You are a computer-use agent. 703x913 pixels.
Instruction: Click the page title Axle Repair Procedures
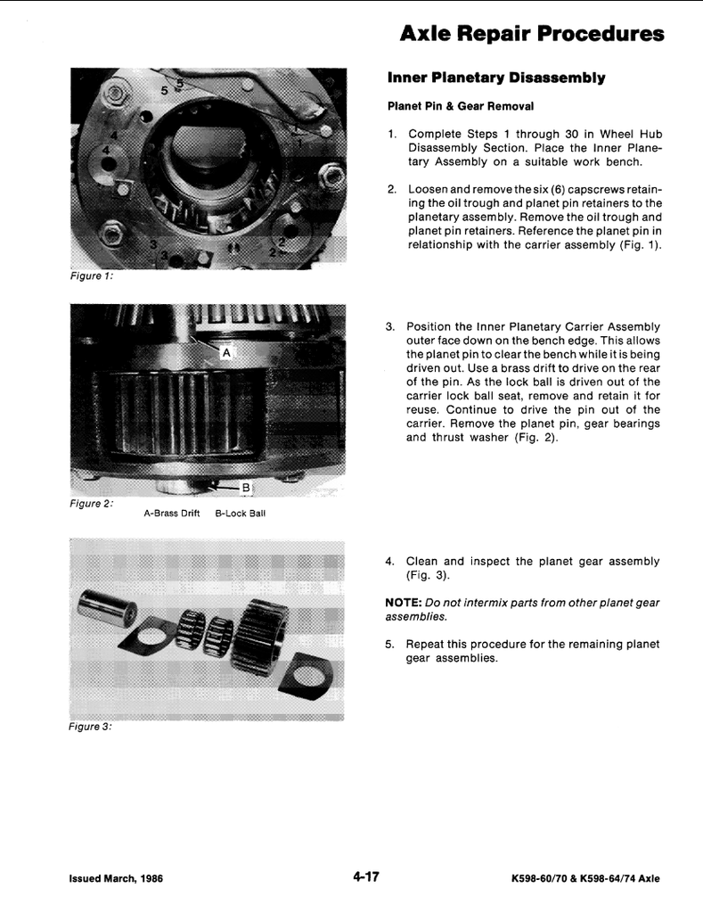(x=532, y=34)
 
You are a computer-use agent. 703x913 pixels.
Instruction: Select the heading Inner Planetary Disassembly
(x=496, y=78)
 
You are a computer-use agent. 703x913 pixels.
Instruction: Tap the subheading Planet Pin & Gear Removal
(x=460, y=106)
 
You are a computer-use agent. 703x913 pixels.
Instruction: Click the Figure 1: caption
(x=91, y=276)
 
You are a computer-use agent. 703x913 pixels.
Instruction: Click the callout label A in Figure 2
(x=226, y=353)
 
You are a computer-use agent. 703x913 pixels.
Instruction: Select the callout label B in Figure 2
(x=247, y=488)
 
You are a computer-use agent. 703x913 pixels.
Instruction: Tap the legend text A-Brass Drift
(x=171, y=514)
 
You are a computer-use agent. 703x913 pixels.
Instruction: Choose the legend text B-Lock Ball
(x=241, y=514)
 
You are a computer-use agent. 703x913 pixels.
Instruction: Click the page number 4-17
(x=365, y=876)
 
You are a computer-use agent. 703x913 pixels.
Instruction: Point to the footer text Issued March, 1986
(x=116, y=878)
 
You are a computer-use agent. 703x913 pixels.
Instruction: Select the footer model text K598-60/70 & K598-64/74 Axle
(x=585, y=878)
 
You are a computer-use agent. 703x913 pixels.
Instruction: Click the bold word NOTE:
(x=402, y=603)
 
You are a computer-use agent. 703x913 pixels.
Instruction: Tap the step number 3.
(x=389, y=326)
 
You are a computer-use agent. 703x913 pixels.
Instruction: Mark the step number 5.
(x=389, y=644)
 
